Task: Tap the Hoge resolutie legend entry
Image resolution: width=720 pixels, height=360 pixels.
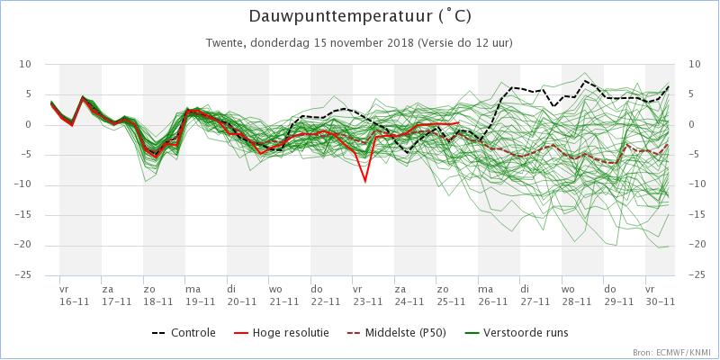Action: pyautogui.click(x=281, y=333)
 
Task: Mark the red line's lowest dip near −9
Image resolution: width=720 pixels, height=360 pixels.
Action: pyautogui.click(x=365, y=182)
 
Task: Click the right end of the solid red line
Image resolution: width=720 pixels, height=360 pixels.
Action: pyautogui.click(x=459, y=122)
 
